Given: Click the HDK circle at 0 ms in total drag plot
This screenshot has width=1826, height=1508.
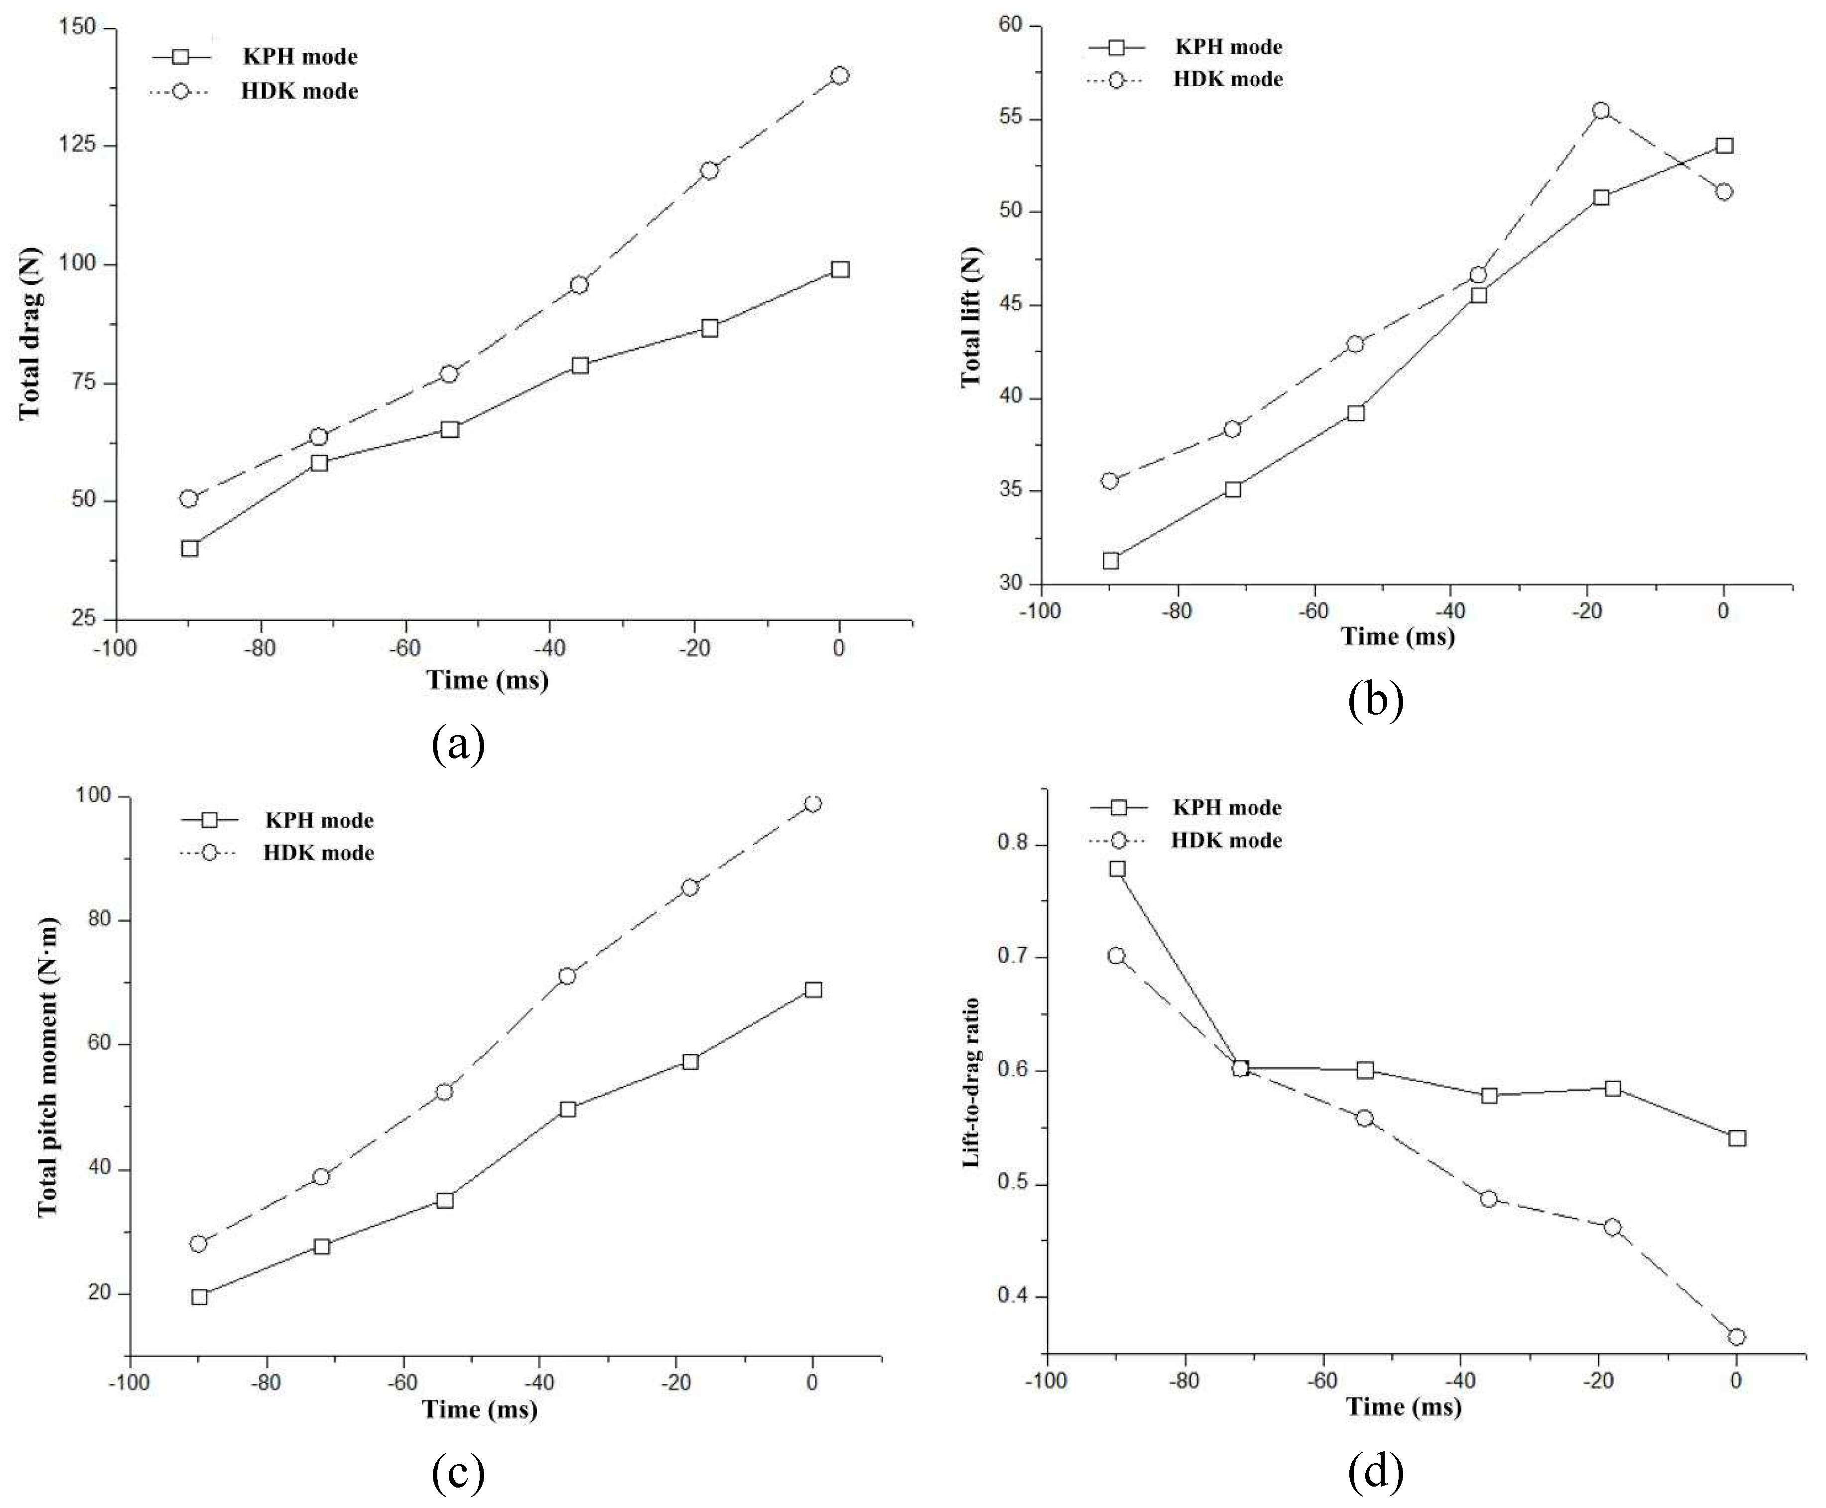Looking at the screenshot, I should coord(839,76).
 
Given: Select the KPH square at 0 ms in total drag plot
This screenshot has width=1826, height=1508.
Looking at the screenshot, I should coord(839,269).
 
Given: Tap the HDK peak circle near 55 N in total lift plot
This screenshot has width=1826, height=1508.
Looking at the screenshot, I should coord(1601,111).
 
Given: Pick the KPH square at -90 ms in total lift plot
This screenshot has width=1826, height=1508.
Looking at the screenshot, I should coord(1110,560).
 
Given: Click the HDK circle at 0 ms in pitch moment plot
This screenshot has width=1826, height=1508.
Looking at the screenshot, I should coord(812,803).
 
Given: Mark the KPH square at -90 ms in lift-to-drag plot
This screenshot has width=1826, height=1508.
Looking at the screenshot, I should coord(1117,869).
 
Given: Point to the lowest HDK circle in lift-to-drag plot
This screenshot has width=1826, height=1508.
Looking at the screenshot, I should coord(1736,1337).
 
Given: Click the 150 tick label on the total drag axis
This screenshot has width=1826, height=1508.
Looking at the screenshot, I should coord(76,28).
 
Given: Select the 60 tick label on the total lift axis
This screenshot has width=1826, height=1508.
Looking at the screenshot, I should coord(1010,25).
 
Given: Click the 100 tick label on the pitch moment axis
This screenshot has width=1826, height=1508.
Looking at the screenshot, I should coord(95,796).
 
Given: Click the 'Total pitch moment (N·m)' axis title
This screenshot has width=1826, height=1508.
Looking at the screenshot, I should coord(48,1067).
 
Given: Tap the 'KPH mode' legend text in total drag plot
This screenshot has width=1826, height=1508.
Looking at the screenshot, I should coord(300,56).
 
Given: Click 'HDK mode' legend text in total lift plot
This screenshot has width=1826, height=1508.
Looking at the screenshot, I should coord(1227,79).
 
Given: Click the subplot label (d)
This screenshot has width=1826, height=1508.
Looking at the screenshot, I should coord(1375,1471).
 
